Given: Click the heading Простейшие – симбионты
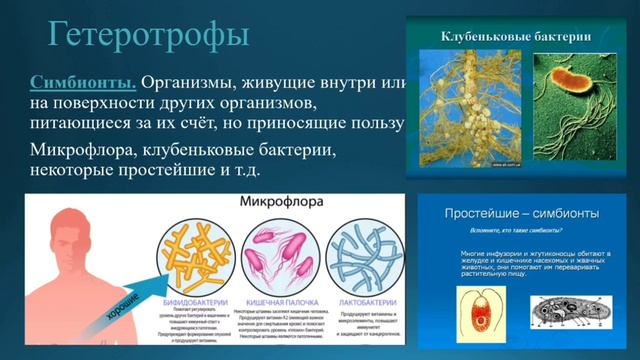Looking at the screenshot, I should pos(509,214).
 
